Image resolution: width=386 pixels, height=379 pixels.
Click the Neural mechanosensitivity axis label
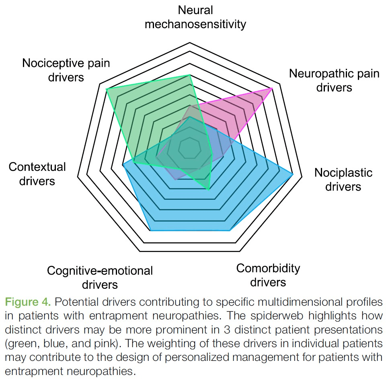(195, 17)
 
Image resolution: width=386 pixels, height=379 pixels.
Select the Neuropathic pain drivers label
(334, 80)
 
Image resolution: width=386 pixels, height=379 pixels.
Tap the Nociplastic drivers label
(343, 180)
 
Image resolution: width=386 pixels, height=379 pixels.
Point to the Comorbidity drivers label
(268, 275)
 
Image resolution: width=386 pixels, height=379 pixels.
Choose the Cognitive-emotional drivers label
(100, 277)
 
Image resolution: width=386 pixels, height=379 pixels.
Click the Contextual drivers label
(37, 174)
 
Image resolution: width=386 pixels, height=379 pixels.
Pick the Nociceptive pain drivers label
(66, 70)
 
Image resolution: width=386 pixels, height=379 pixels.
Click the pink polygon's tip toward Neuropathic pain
(272, 88)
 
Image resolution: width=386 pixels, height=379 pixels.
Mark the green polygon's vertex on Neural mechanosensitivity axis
(189, 75)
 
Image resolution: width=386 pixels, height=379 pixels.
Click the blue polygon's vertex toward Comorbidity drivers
(230, 230)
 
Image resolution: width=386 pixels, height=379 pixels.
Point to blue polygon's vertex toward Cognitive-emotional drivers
(150, 230)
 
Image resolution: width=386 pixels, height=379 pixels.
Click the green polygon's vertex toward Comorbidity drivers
(208, 189)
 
